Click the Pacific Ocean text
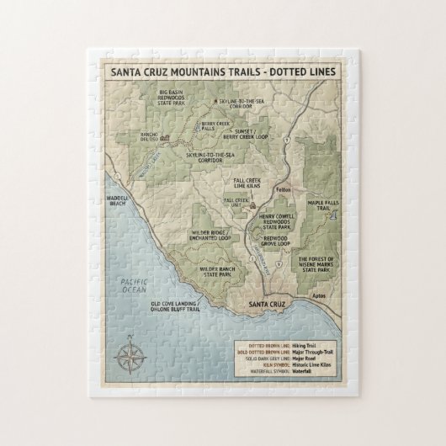coord(133,286)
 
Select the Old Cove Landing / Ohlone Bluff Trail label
coord(178,305)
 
